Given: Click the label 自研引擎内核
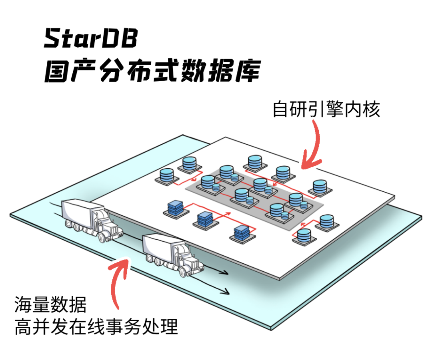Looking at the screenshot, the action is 326,109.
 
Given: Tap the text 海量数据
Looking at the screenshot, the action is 50,304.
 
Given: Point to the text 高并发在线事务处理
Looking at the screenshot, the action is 96,326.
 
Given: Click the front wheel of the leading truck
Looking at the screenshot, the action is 183,272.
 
